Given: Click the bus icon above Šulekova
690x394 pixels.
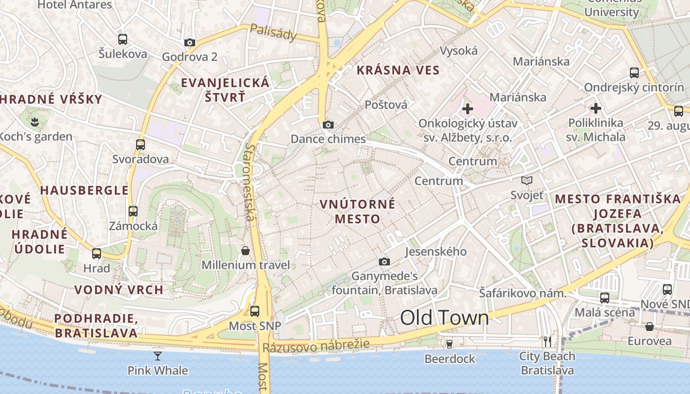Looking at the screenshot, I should pos(123,39).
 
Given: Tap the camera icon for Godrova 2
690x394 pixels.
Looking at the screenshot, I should pos(190,43).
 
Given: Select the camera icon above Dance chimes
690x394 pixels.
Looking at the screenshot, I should pos(328,125).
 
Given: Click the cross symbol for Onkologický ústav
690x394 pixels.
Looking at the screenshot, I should pos(467,108).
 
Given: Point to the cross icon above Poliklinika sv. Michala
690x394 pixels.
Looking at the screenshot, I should pos(596,108).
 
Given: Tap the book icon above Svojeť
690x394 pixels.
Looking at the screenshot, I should pos(527,181).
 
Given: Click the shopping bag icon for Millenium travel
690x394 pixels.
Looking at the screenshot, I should pos(245,251).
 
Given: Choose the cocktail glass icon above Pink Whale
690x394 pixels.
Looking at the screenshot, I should pos(158,356).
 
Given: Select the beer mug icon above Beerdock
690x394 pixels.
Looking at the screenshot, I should pos(449,344).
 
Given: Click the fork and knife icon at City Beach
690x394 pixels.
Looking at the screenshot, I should pos(547,341).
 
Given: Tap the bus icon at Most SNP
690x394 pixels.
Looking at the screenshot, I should pos(255,311).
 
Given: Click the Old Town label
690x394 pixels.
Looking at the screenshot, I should pos(444,318).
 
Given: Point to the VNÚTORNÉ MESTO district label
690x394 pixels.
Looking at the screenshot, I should pos(357,211).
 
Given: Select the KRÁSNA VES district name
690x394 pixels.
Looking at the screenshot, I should pos(398,70).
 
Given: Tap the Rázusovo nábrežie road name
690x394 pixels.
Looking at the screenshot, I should pos(315,346).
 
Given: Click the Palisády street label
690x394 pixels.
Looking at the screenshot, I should pos(274,32).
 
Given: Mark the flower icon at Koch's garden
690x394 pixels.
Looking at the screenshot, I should pos(34,121).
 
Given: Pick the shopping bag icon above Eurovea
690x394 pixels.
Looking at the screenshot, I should pos(650,327).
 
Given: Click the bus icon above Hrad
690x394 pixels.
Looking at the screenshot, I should pos(97,254).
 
